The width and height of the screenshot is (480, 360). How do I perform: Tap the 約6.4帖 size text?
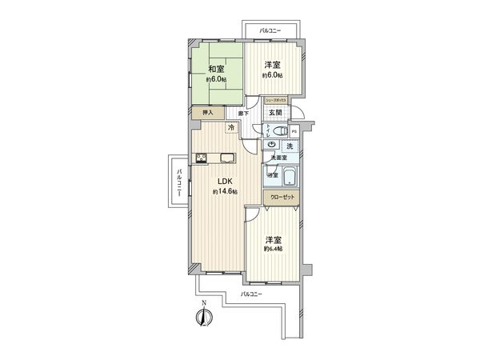point(274,248)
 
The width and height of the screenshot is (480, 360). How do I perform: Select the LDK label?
point(221,182)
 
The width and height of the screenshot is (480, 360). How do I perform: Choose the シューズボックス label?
point(276,99)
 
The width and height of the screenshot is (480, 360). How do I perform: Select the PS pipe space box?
point(294,131)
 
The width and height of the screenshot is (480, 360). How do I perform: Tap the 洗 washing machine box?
point(290,146)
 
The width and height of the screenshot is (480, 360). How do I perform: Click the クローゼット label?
point(282,196)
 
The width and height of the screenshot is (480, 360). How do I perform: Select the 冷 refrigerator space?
point(231,128)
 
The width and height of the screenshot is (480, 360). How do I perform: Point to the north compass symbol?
point(205,316)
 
